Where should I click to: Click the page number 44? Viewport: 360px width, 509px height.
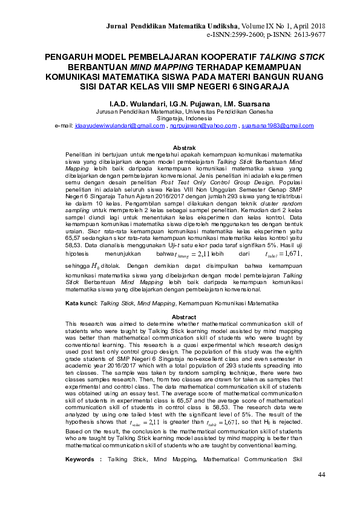[321, 475]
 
